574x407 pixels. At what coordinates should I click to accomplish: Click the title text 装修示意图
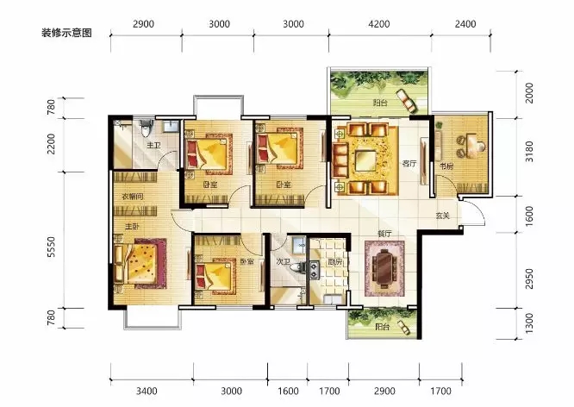tap(66, 34)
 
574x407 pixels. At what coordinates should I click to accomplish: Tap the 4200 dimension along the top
tap(379, 24)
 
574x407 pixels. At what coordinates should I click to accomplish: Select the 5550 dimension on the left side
tap(51, 247)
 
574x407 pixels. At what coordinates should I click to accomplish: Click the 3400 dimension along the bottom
tap(147, 391)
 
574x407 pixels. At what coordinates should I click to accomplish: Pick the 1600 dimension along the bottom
tap(288, 391)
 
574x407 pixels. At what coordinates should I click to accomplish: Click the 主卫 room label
tap(153, 146)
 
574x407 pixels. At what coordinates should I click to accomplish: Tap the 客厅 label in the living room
tap(409, 163)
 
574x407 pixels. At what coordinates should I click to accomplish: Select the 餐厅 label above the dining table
tap(384, 234)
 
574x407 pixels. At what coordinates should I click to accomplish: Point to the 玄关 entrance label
tap(443, 216)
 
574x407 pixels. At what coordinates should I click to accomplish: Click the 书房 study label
tap(446, 166)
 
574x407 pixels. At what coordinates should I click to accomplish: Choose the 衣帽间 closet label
tap(133, 197)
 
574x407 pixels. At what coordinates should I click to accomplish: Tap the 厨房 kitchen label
tap(334, 262)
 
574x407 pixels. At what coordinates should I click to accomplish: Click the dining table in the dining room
tap(384, 266)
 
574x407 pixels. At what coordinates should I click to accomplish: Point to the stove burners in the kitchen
tap(314, 270)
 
